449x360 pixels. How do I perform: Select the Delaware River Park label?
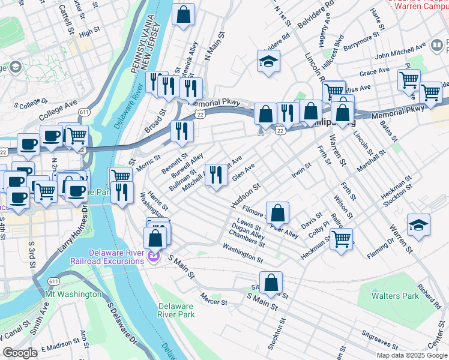pyautogui.click(x=176, y=310)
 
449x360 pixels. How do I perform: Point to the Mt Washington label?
pyautogui.click(x=73, y=295)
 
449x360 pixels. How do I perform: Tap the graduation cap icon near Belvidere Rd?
pyautogui.click(x=268, y=61)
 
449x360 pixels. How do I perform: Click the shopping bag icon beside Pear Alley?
pyautogui.click(x=277, y=212)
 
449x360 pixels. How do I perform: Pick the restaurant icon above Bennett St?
pyautogui.click(x=181, y=131)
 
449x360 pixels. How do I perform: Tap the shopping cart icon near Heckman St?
pyautogui.click(x=341, y=239)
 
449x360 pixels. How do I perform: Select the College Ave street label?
pyautogui.click(x=58, y=110)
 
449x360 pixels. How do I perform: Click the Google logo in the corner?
pyautogui.click(x=20, y=352)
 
